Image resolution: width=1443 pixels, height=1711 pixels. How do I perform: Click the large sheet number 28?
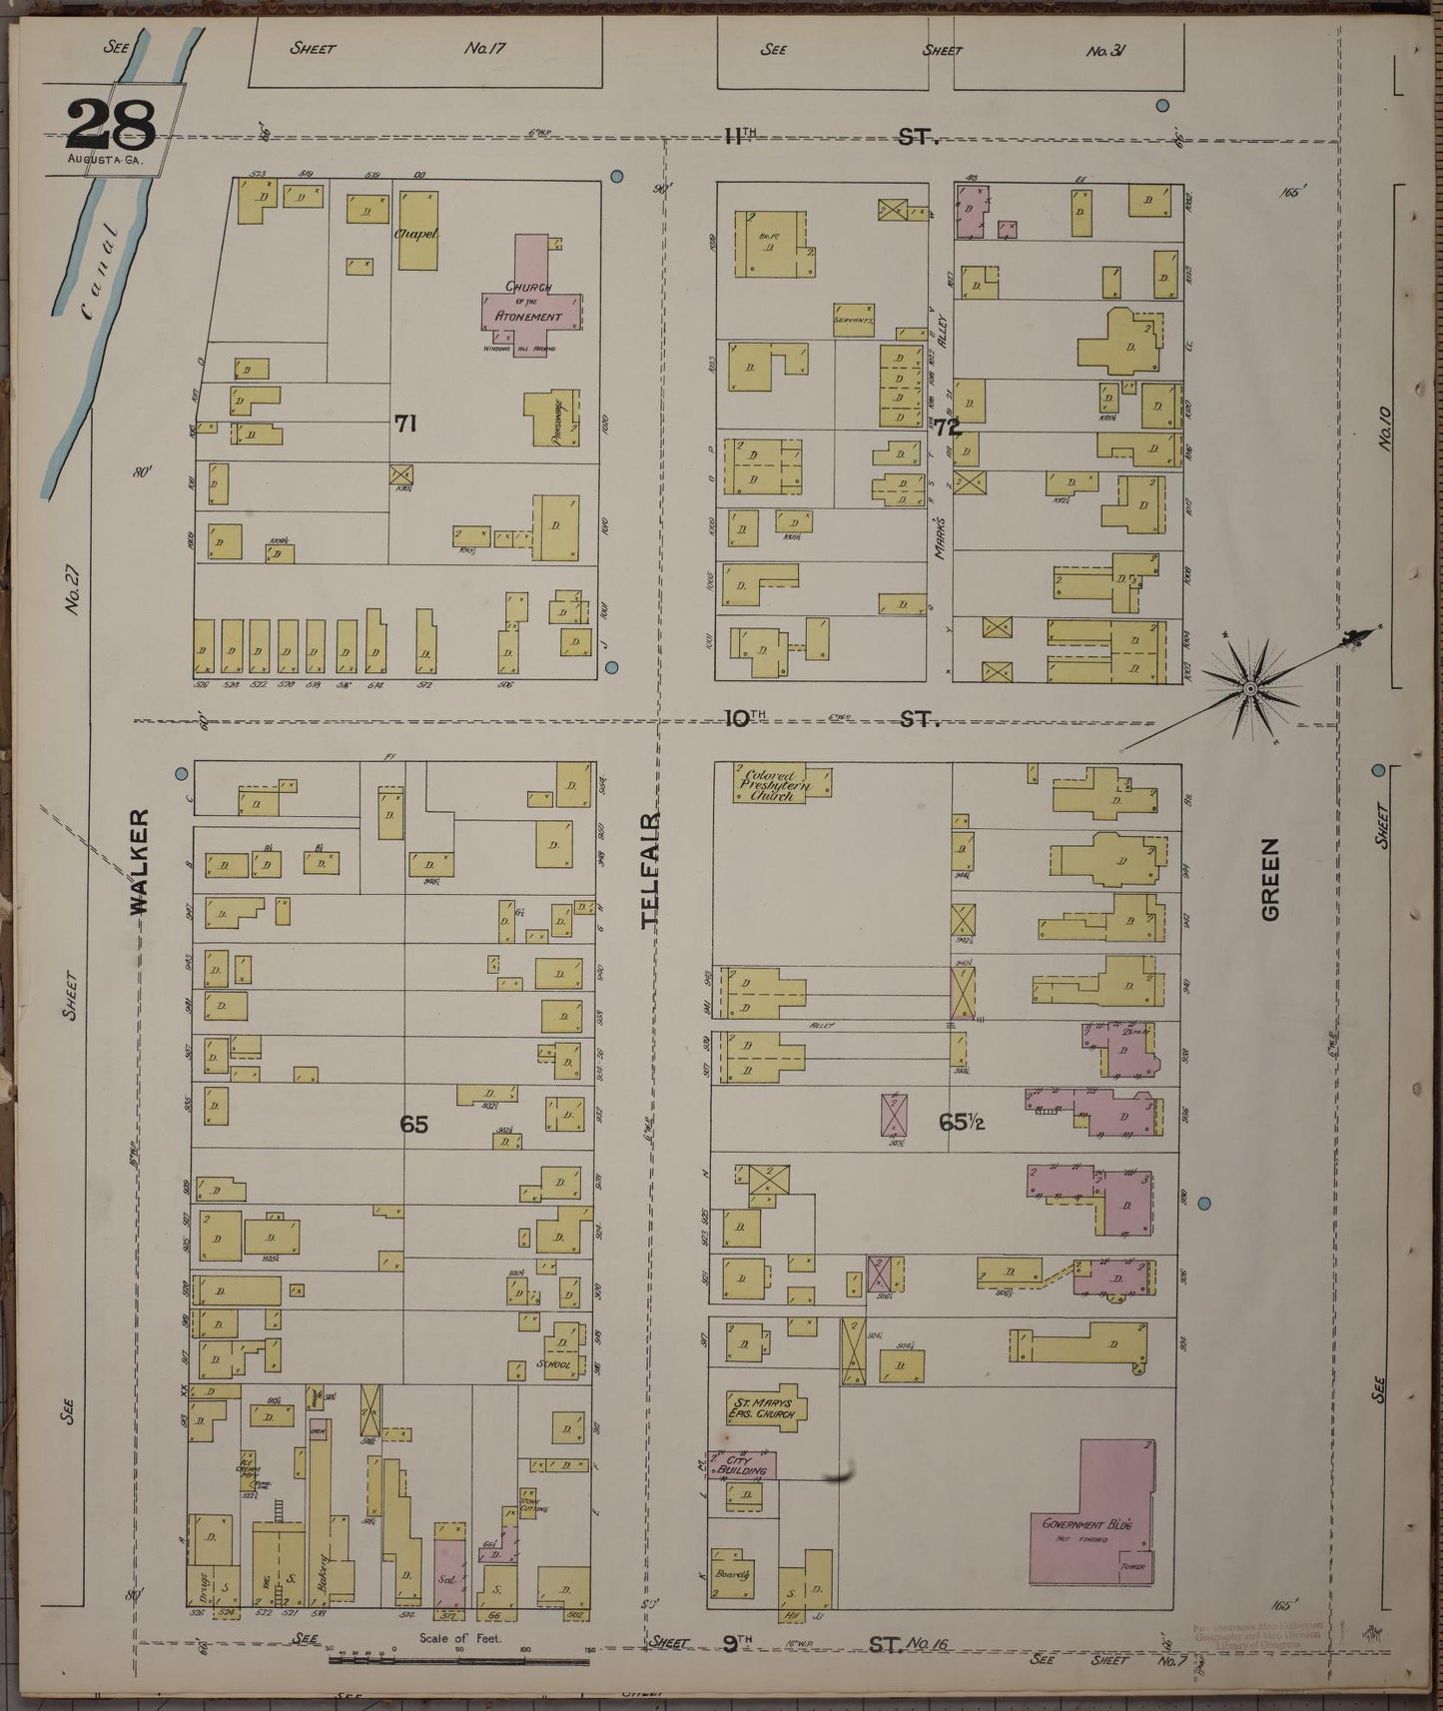click(x=111, y=124)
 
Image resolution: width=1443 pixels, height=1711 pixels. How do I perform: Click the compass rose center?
click(x=1249, y=687)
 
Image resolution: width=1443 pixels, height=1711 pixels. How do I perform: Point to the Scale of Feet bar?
click(x=459, y=1659)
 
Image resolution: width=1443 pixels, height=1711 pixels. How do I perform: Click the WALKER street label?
click(x=139, y=861)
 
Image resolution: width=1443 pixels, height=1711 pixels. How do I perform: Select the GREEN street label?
click(x=1270, y=878)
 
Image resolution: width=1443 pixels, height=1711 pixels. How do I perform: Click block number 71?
click(x=404, y=424)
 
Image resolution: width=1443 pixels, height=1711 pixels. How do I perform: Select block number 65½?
click(x=962, y=1122)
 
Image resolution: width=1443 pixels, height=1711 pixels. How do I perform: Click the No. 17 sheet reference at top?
click(x=485, y=47)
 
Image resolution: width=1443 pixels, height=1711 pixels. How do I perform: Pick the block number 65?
click(x=413, y=1124)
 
